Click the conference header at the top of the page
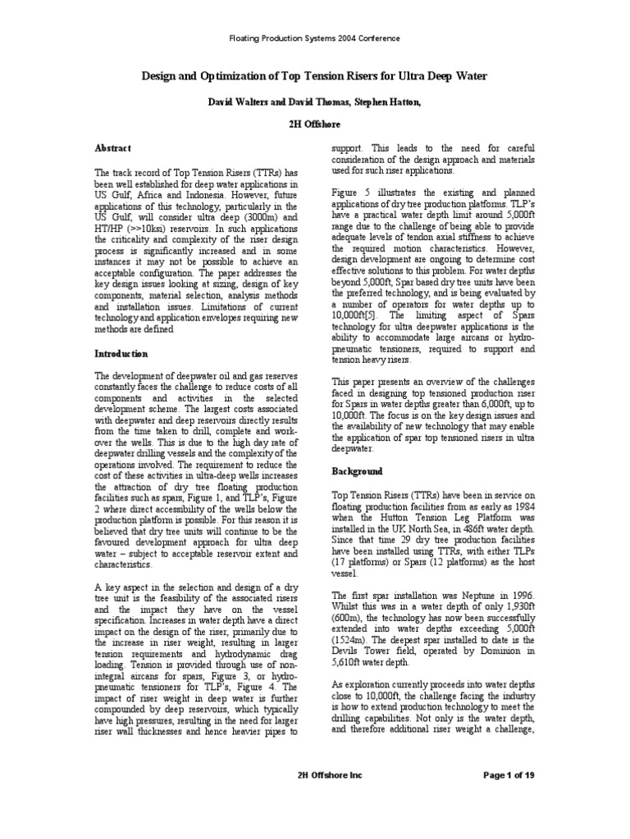pos(314,38)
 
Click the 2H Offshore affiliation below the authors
pos(314,125)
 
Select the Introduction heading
pos(121,354)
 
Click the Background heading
pos(357,471)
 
